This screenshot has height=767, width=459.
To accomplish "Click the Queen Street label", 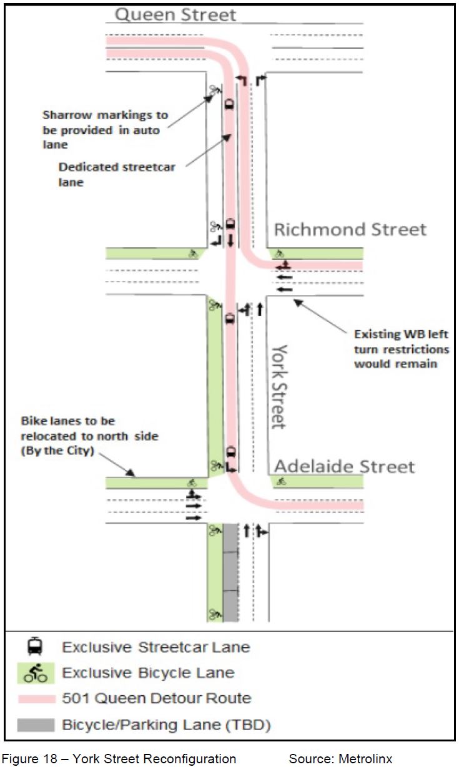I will point(176,15).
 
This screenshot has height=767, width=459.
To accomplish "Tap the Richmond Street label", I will point(350,230).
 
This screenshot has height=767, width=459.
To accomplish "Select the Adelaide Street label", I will point(345,466).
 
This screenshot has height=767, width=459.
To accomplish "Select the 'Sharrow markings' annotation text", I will point(105,130).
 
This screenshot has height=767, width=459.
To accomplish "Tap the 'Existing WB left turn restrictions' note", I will point(401,349).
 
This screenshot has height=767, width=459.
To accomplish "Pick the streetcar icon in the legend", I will point(35,647).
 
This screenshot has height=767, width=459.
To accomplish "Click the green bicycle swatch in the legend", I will point(35,673).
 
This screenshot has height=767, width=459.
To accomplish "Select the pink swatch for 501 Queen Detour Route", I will point(35,698).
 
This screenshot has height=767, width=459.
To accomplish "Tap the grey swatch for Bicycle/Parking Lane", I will point(35,725).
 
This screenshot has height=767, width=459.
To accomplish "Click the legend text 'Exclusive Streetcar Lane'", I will point(155,647).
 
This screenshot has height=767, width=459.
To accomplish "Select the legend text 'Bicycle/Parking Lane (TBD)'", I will point(166,725).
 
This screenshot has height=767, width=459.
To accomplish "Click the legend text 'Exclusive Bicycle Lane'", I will point(148,673).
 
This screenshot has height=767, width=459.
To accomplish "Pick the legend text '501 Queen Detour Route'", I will point(156,698).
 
